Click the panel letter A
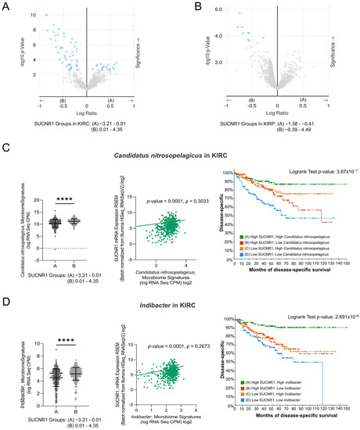click(6, 6)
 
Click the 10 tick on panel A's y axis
click(34, 15)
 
